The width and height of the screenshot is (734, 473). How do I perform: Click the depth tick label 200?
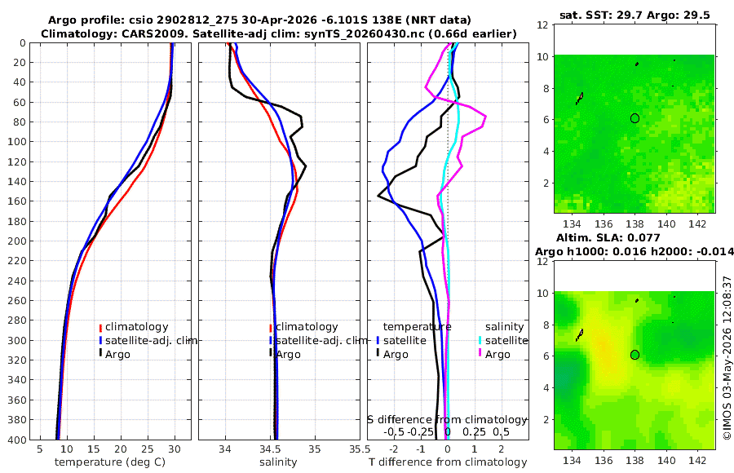click(x=16, y=241)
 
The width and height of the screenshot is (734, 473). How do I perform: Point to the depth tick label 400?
click(x=16, y=440)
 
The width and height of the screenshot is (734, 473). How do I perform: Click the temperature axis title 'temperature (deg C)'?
click(x=110, y=462)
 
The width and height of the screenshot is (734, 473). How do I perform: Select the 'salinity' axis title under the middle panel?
click(x=279, y=462)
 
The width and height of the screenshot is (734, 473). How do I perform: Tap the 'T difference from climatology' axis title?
click(x=448, y=462)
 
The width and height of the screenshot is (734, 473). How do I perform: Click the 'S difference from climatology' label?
click(x=448, y=420)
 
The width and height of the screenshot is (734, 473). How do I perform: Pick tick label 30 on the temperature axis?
click(x=175, y=449)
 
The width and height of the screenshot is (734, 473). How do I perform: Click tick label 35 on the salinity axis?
click(x=315, y=449)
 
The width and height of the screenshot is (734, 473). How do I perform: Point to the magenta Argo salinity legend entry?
click(x=493, y=354)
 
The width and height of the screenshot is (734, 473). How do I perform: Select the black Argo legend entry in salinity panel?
click(x=285, y=354)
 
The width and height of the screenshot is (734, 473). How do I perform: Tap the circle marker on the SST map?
click(x=635, y=118)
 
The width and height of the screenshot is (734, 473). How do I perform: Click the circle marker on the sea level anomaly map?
click(x=635, y=355)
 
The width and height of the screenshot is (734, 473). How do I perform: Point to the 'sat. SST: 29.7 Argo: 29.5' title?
click(x=635, y=15)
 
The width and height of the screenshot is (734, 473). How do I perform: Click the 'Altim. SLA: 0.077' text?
click(x=608, y=238)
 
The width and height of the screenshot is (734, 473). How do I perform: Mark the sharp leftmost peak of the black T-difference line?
click(x=378, y=197)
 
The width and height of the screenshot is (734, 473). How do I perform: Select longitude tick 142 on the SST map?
click(x=697, y=224)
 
